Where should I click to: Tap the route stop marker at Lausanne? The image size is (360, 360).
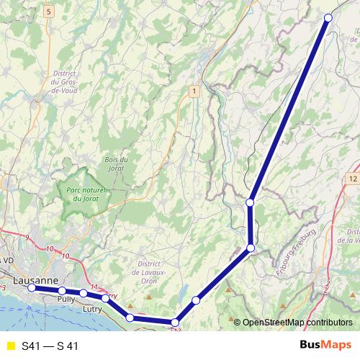tap(32, 287)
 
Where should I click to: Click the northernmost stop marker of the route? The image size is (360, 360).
tap(328, 17)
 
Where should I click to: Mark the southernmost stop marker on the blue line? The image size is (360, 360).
tap(174, 322)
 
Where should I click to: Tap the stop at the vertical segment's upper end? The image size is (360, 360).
tap(251, 203)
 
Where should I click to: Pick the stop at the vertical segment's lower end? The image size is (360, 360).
tap(251, 248)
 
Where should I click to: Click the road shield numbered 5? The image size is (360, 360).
tap(48, 12)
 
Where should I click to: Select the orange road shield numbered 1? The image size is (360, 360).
tap(194, 91)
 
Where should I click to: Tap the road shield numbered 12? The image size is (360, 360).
tap(352, 178)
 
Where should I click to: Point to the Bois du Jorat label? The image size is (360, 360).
tap(116, 163)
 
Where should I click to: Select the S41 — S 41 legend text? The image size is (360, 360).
tap(50, 346)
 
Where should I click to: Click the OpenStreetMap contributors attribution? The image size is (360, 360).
tap(297, 323)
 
